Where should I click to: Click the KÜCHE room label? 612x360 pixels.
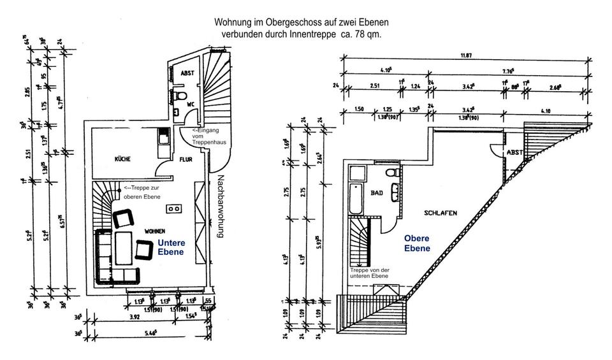pyautogui.click(x=123, y=159)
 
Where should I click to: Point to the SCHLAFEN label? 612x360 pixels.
pyautogui.click(x=439, y=213)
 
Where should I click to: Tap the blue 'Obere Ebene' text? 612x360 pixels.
pyautogui.click(x=417, y=243)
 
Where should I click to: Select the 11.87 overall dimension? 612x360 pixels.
pyautogui.click(x=465, y=55)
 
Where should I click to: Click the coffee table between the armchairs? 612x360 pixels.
pyautogui.click(x=124, y=243)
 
